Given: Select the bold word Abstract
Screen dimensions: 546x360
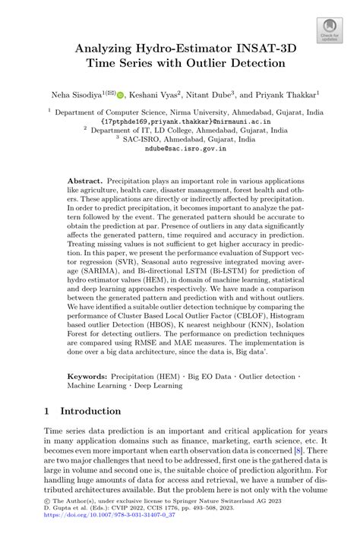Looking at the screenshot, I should (x=85, y=183).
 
